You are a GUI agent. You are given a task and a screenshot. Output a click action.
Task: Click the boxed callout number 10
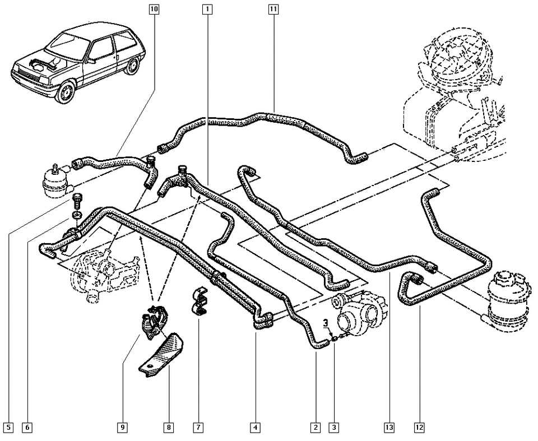(154, 9)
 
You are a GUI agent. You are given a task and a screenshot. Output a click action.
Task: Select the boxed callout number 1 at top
(207, 9)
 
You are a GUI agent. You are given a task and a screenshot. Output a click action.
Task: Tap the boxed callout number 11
(273, 9)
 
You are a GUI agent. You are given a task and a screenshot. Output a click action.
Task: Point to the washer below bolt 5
(77, 215)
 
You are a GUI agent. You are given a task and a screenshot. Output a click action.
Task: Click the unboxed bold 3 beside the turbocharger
(325, 323)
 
